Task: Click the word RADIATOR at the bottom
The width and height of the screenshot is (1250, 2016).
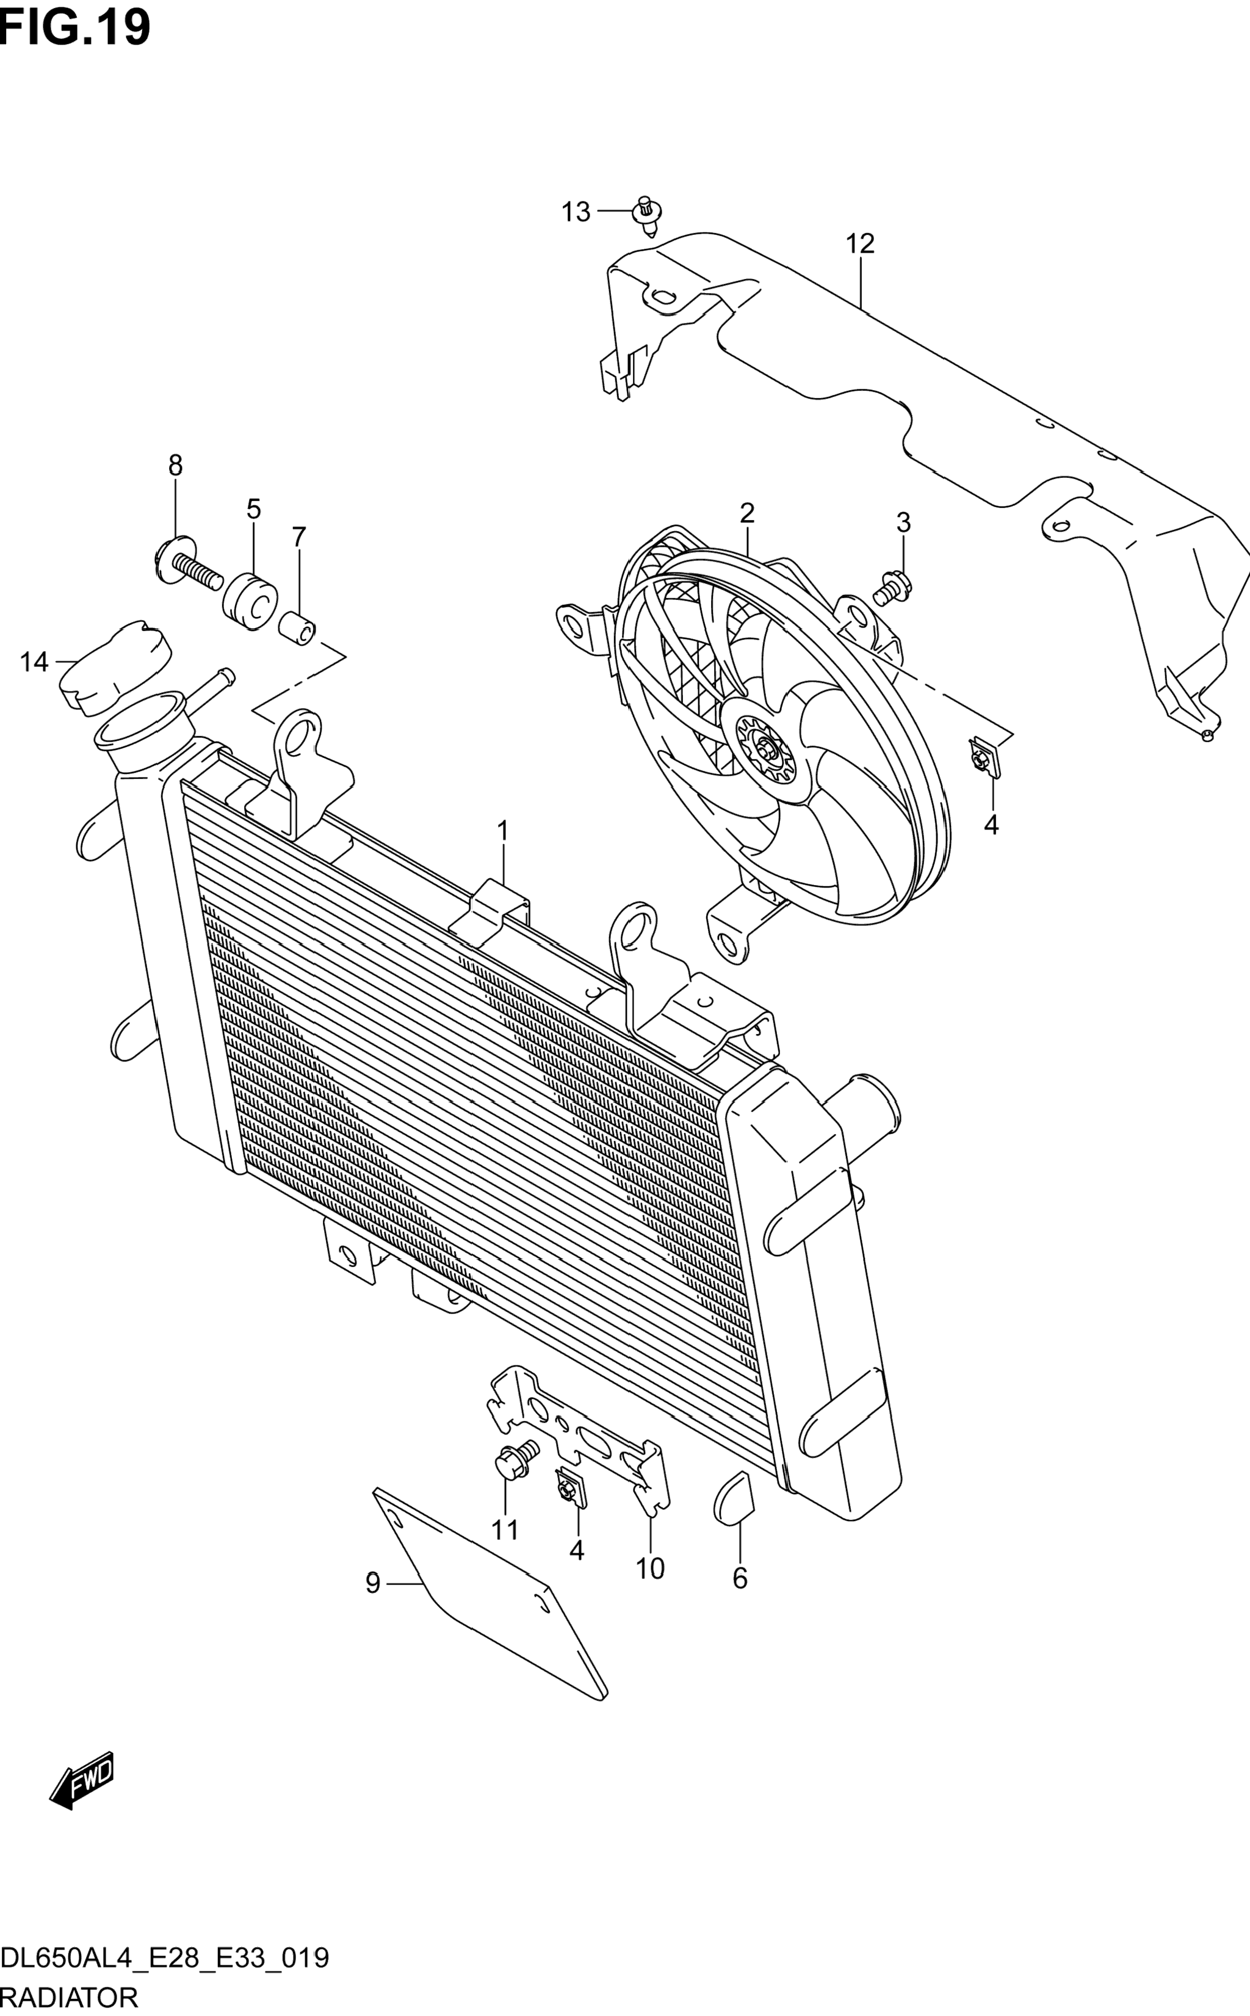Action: tap(70, 1997)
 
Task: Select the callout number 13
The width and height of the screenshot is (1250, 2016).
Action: tap(576, 212)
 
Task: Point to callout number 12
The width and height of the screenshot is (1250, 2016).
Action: tap(860, 244)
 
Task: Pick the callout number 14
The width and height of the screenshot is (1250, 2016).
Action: tap(34, 662)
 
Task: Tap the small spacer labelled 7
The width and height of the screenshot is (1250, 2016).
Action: tap(298, 630)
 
